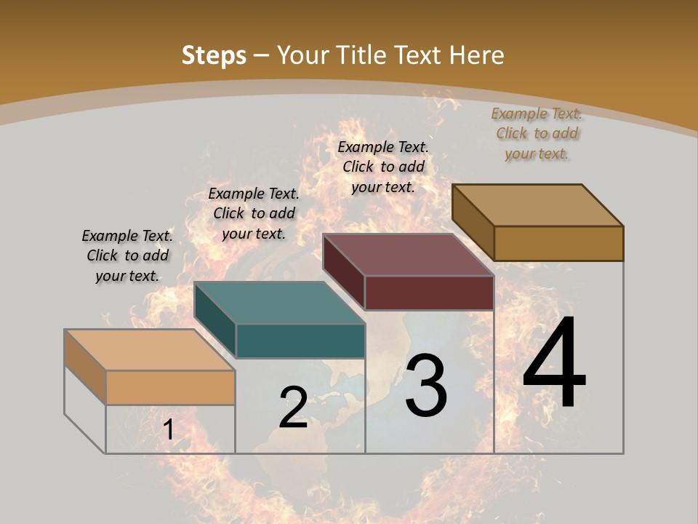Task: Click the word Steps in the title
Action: [213, 55]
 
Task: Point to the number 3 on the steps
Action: [426, 386]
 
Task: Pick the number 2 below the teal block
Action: [293, 408]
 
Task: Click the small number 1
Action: [168, 430]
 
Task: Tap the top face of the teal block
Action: [279, 303]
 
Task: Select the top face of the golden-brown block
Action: [538, 205]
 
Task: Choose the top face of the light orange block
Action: [149, 350]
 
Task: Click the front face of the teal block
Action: [300, 341]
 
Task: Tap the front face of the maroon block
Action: [429, 293]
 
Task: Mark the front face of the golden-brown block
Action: [558, 243]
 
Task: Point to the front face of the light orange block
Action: [170, 387]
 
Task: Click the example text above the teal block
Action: [254, 213]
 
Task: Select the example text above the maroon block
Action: [383, 167]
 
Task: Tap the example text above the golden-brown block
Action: [537, 133]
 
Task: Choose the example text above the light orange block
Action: [127, 255]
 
